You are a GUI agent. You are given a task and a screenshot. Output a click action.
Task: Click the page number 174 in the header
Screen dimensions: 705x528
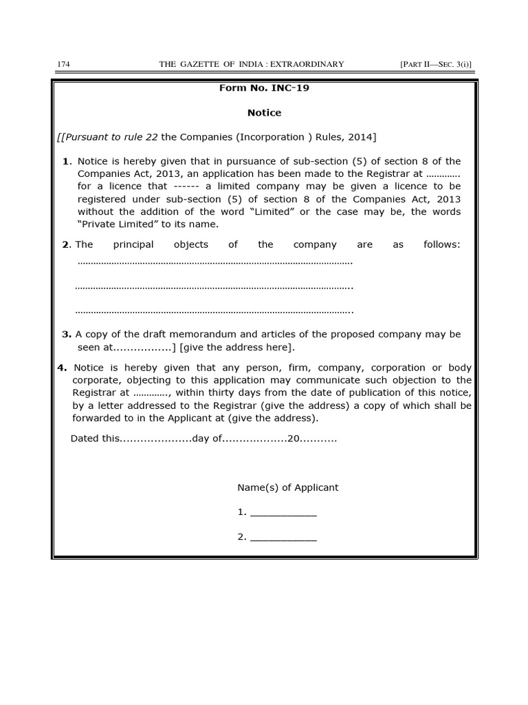click(x=63, y=64)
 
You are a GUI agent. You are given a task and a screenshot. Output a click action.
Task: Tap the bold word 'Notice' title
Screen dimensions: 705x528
click(x=264, y=113)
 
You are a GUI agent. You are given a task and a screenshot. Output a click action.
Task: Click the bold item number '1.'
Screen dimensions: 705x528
click(x=67, y=161)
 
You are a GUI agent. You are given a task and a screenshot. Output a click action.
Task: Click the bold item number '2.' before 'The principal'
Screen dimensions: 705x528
click(x=66, y=244)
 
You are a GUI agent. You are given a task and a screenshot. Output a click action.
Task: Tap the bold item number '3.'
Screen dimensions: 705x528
click(x=67, y=334)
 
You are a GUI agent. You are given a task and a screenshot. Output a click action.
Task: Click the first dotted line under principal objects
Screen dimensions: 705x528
click(x=214, y=262)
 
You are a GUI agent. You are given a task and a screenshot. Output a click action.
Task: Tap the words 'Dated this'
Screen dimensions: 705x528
click(x=96, y=439)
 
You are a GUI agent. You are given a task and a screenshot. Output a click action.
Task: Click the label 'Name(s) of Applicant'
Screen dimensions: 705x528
click(x=288, y=487)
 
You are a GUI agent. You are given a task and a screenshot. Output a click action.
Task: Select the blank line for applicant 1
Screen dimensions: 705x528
click(x=283, y=514)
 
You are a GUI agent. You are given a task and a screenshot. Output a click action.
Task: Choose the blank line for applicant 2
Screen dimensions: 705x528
click(x=283, y=538)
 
